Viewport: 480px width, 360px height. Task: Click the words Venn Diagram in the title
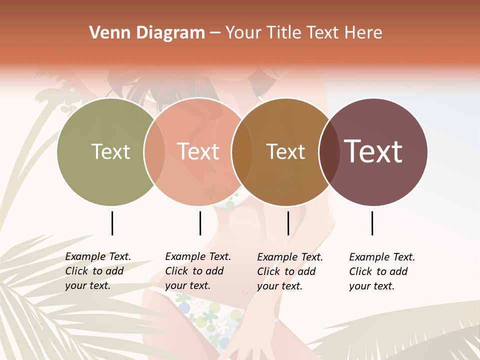click(x=147, y=33)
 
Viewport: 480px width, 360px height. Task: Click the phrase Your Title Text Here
click(x=303, y=33)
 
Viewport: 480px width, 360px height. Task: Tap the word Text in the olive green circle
click(x=110, y=151)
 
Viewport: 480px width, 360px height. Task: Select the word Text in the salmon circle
click(x=198, y=151)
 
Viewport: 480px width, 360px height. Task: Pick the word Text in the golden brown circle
click(x=285, y=151)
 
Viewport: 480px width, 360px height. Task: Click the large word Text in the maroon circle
click(x=373, y=151)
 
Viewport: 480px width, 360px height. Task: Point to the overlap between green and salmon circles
click(x=154, y=151)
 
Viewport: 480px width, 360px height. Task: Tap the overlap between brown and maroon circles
click(x=327, y=151)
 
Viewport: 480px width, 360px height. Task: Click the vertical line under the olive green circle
click(x=112, y=223)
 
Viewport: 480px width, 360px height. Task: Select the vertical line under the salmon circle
click(x=200, y=223)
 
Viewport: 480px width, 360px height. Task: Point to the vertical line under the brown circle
click(x=288, y=223)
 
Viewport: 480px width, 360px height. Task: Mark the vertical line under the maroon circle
click(x=372, y=223)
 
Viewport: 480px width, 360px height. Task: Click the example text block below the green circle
click(x=97, y=271)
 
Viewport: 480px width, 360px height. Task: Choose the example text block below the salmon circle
click(x=197, y=271)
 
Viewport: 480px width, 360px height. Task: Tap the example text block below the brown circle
click(x=289, y=271)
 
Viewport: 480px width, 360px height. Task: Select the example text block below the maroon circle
click(x=381, y=271)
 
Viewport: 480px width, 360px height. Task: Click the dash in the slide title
click(x=215, y=33)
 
